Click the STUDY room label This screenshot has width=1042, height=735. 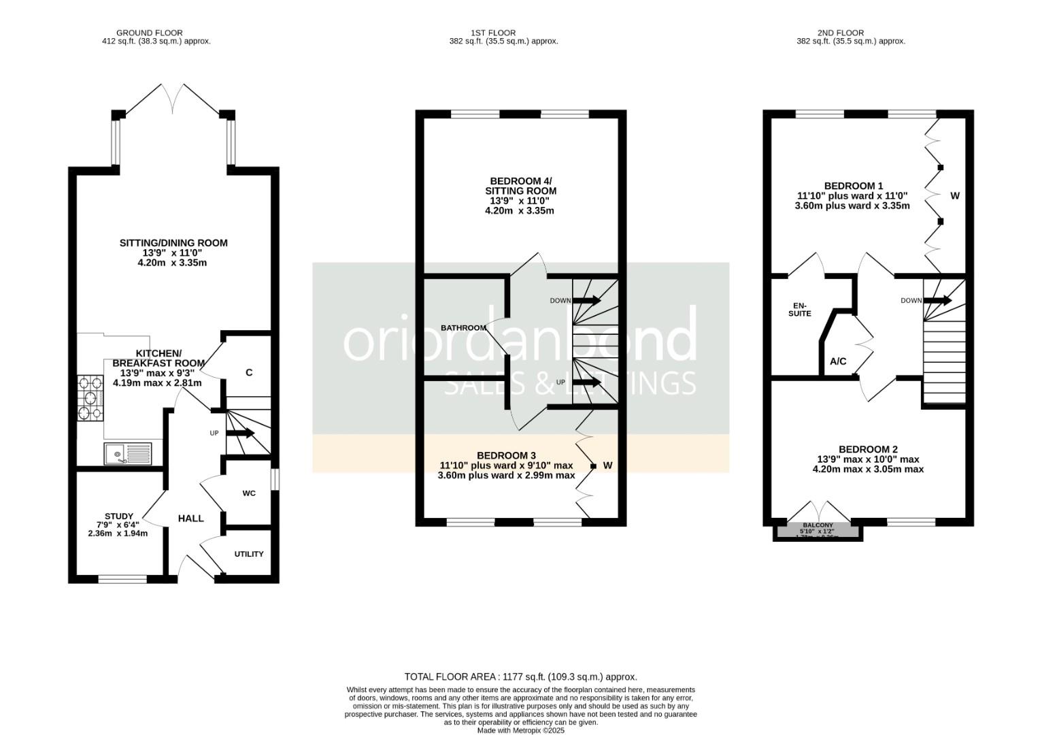click(119, 517)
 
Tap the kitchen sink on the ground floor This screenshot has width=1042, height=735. click(128, 453)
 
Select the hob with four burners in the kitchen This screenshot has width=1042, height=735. click(90, 397)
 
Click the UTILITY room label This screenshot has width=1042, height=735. click(249, 554)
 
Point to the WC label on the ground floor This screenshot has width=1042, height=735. click(249, 493)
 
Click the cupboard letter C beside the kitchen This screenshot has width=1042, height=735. click(249, 372)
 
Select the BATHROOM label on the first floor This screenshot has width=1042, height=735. click(463, 328)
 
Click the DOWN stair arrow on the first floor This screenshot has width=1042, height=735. click(586, 300)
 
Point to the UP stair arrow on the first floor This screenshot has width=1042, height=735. click(586, 382)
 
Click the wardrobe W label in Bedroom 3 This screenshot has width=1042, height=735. click(607, 465)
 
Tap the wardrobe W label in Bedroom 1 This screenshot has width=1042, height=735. click(954, 196)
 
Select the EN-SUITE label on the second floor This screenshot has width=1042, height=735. click(799, 309)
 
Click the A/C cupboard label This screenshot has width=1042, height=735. click(838, 361)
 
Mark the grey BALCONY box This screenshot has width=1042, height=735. click(818, 529)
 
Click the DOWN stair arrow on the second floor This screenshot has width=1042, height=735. click(938, 300)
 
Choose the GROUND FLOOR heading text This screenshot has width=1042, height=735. click(149, 33)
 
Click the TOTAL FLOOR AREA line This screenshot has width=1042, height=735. click(520, 676)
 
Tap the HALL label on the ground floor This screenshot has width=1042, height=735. click(190, 519)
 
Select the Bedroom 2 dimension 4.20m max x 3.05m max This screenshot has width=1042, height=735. click(868, 469)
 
